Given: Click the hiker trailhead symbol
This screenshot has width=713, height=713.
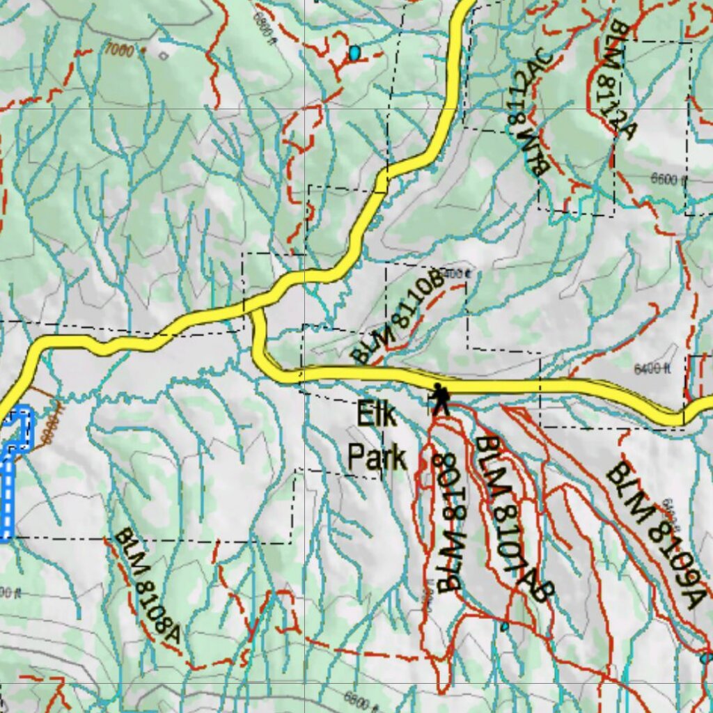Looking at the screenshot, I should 439,399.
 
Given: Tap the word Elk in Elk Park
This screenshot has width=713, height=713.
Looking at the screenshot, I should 376,416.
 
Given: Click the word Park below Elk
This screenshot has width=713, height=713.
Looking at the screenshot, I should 377,458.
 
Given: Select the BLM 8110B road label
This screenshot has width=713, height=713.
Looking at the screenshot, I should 398,317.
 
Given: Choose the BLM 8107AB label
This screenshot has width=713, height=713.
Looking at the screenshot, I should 513,518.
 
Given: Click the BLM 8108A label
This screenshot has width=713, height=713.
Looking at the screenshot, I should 147,586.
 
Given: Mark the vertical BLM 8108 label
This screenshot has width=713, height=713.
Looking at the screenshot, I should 449,522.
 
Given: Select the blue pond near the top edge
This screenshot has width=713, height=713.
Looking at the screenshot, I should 355,53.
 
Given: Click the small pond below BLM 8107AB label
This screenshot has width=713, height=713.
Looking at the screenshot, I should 504,627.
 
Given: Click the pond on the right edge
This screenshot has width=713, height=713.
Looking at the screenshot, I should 706,657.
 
